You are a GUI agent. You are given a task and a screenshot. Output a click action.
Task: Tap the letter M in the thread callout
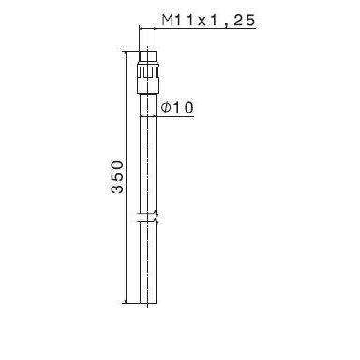click(x=167, y=20)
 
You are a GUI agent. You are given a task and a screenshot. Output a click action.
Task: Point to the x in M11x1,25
click(x=194, y=20)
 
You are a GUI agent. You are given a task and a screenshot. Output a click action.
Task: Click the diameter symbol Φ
click(x=166, y=109)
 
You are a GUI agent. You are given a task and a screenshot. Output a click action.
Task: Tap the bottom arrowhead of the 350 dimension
click(x=125, y=299)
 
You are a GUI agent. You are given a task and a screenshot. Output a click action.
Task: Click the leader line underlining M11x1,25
click(x=197, y=30)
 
